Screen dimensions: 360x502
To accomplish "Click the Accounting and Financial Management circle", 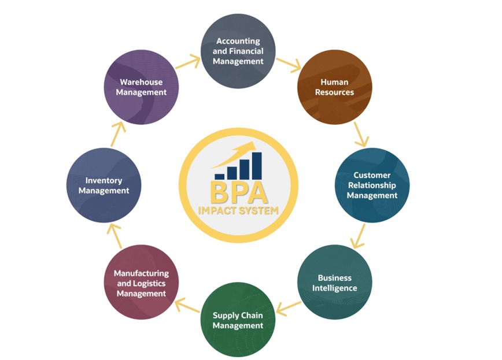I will click(238, 51).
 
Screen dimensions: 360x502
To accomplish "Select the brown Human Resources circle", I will click(334, 87).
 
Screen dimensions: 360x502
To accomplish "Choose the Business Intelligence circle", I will click(334, 283).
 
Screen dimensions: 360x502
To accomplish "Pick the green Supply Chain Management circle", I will click(238, 320).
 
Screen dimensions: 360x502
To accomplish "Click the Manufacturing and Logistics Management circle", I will click(142, 283).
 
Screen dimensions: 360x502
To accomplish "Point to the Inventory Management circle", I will click(104, 185).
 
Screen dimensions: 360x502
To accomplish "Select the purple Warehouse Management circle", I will click(142, 87).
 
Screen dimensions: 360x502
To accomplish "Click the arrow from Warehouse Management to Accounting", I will click(188, 60).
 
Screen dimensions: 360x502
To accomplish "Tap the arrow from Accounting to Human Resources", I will click(287, 64).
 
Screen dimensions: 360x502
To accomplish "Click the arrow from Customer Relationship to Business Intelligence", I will click(360, 236).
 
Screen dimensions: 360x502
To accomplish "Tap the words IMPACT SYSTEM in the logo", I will click(238, 210).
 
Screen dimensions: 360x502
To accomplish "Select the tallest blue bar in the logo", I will click(256, 165).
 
